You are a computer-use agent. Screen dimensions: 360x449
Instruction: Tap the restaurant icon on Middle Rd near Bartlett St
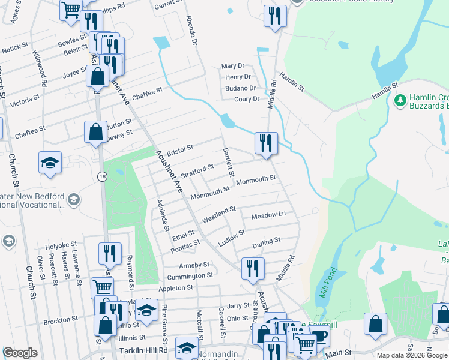[x=266, y=143]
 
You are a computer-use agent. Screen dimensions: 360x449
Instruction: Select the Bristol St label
[x=179, y=148]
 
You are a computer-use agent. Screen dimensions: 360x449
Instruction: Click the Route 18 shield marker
[x=102, y=175]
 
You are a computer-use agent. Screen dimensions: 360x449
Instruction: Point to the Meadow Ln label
[x=268, y=215]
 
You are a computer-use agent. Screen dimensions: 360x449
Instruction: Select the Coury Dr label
[x=247, y=99]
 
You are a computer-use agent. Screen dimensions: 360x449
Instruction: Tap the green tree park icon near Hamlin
[x=400, y=100]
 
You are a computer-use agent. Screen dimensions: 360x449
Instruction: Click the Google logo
[x=20, y=353]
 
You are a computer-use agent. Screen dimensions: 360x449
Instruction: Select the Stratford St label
[x=197, y=169]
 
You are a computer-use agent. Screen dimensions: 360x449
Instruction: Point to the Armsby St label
[x=194, y=265]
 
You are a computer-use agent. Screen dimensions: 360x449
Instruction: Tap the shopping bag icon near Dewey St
[x=95, y=131]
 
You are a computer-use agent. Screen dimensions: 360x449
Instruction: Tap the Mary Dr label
[x=233, y=66]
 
